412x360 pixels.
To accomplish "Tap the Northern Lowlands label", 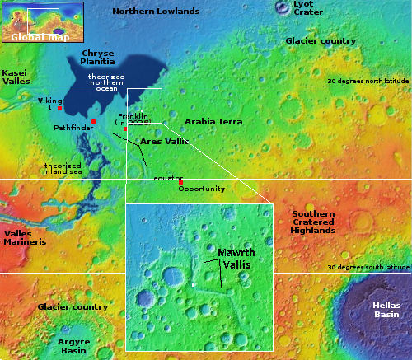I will pos(156,12).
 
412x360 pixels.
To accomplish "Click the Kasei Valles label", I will pos(16,77).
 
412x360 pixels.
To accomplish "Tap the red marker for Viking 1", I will pos(60,108).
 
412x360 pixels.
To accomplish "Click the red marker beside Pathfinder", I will pos(94,122).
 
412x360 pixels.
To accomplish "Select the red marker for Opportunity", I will pos(181,182).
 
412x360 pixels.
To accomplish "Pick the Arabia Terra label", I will pos(213,122).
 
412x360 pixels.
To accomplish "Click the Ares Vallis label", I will pos(164,142).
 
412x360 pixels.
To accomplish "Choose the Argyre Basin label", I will pos(73,344).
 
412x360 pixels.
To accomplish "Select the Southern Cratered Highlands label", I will pos(313,222).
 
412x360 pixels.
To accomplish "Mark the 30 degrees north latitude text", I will pos(368,82).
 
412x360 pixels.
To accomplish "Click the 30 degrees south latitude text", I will pos(368,268).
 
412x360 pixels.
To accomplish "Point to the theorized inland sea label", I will pos(63,168).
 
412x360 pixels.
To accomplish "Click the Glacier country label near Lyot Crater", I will pos(319,40).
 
